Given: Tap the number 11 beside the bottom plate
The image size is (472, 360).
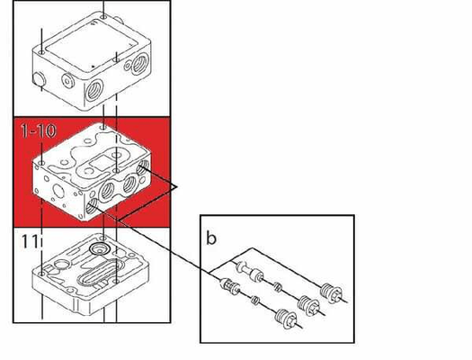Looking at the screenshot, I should click(x=26, y=240).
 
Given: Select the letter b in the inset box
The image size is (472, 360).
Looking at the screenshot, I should click(x=210, y=240).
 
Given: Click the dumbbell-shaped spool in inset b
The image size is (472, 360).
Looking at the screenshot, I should click(x=248, y=269).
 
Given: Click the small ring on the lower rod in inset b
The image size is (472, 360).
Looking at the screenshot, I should click(x=255, y=298).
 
